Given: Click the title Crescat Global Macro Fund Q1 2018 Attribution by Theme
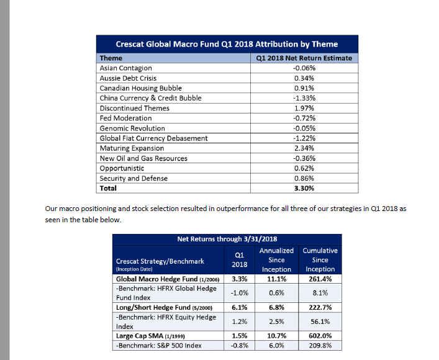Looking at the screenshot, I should click(227, 44).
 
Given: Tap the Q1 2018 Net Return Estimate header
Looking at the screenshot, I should click(304, 58).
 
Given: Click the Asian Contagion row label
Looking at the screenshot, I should click(125, 68).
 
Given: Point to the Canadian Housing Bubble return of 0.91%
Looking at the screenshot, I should click(304, 88).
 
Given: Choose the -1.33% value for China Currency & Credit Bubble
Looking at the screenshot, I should click(304, 98).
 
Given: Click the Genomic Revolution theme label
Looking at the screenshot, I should click(132, 128).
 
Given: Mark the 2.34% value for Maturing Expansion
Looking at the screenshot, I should click(304, 148).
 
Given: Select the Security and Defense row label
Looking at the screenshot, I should click(134, 178).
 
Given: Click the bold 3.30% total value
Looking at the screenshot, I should click(304, 188).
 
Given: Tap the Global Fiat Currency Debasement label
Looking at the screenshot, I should click(153, 138).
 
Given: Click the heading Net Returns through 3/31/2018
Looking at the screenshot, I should click(227, 239).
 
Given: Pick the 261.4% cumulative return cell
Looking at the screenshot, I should click(320, 279).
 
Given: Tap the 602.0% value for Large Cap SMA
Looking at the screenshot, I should click(320, 336).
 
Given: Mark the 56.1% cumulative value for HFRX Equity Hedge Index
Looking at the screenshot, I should click(320, 322).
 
